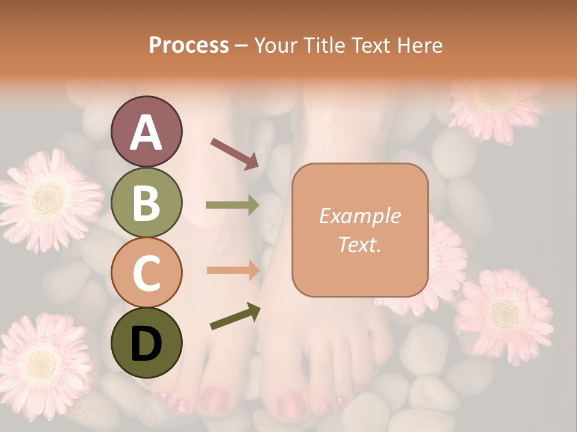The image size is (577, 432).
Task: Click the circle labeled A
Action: point(146,131)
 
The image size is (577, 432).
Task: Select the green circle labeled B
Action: point(146,202)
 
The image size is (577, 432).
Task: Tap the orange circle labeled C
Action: point(146,272)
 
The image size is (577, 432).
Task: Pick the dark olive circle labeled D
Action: point(146,343)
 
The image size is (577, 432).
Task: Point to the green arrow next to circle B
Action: point(233,205)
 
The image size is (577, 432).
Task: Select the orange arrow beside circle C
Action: point(233,270)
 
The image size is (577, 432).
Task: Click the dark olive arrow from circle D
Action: point(235,317)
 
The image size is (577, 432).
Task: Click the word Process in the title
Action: point(189,46)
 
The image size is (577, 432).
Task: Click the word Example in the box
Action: point(359,216)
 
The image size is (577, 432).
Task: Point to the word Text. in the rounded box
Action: point(359,244)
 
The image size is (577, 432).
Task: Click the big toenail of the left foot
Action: point(214,397)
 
